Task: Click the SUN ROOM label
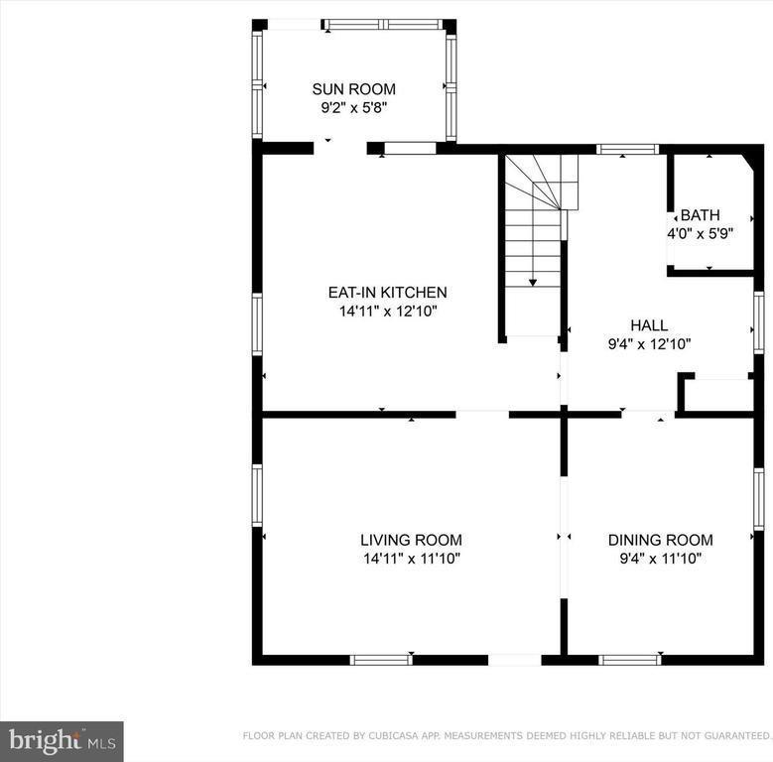tap(354, 89)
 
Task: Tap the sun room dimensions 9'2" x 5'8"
tap(354, 108)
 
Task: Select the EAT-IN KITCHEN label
tap(387, 293)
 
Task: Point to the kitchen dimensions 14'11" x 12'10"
tap(388, 312)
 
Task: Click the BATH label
tap(700, 215)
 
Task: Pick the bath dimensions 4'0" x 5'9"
tap(701, 233)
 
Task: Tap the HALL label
tap(649, 325)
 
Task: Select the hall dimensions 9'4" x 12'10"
tap(649, 344)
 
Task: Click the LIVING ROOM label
tap(411, 540)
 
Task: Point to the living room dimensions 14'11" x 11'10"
tap(412, 559)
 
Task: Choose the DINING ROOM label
tap(661, 540)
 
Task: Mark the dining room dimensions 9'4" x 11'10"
tap(661, 559)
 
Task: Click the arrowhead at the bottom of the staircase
tap(533, 283)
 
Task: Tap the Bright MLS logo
tap(62, 741)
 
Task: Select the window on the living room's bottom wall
tap(381, 660)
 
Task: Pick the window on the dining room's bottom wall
tap(629, 660)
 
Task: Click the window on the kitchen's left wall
tap(257, 323)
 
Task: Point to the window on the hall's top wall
tap(627, 149)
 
